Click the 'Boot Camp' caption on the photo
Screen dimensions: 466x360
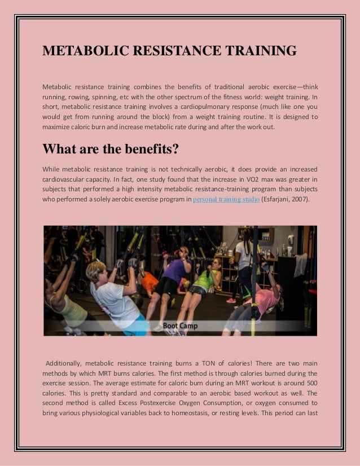point(180,326)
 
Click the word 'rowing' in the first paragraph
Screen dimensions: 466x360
point(81,96)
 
